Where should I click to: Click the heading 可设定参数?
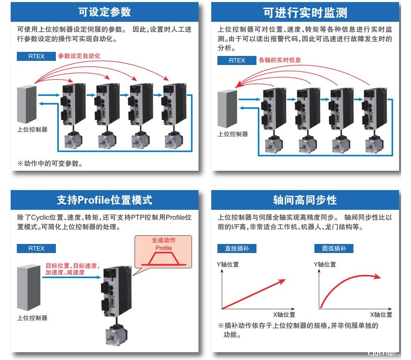(x=104, y=12)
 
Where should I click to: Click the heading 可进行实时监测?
(x=305, y=13)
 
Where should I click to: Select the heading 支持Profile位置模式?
(x=104, y=200)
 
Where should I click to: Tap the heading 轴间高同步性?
(x=305, y=200)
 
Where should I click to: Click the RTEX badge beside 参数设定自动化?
(x=36, y=56)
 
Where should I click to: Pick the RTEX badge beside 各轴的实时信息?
(x=237, y=60)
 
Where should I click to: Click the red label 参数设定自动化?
(x=79, y=56)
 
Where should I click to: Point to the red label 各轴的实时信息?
(x=279, y=60)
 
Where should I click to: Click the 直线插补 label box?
(x=234, y=249)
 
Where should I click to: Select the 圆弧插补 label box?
(x=334, y=249)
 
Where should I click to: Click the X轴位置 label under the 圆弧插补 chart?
(x=381, y=315)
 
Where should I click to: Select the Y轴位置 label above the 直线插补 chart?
(x=228, y=265)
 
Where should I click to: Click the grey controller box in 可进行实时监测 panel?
(x=227, y=109)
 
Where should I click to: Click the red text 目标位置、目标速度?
(x=72, y=266)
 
